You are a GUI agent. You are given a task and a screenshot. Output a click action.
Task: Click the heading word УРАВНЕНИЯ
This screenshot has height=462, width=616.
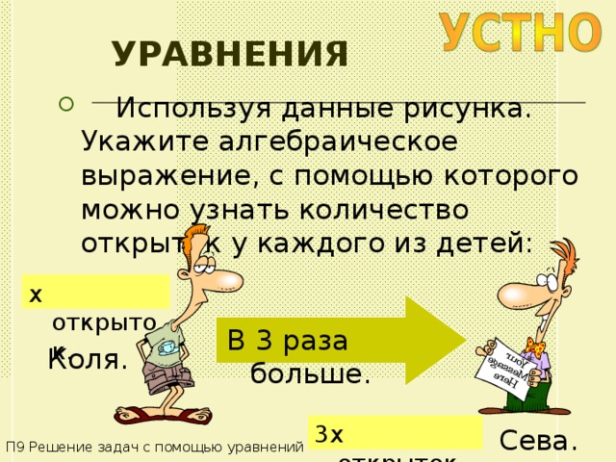pyautogui.click(x=230, y=54)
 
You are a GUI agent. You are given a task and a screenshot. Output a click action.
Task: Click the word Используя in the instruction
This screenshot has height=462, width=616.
pyautogui.click(x=193, y=109)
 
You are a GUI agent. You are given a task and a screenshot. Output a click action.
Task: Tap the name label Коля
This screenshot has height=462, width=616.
pyautogui.click(x=88, y=361)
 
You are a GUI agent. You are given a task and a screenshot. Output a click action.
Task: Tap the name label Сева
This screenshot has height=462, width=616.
pyautogui.click(x=539, y=441)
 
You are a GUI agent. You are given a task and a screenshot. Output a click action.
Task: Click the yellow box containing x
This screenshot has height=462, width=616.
pyautogui.click(x=97, y=292)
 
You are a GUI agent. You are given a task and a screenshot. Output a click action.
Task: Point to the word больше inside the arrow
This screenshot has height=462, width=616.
pyautogui.click(x=310, y=373)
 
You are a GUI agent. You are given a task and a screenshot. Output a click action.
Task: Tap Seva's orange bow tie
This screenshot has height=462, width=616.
pyautogui.click(x=529, y=345)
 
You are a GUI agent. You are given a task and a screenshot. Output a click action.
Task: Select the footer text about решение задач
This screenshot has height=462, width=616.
pyautogui.click(x=155, y=448)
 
